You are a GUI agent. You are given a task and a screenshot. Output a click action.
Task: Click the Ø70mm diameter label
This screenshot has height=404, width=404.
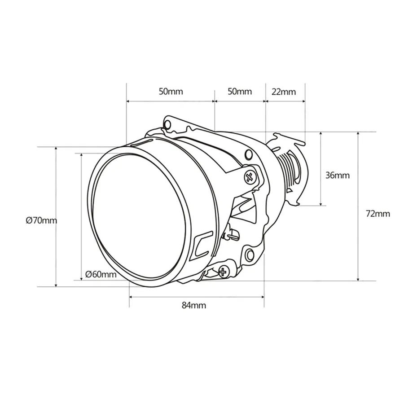pos(41,220)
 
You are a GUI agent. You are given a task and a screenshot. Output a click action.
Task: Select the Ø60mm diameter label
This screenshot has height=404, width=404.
pos(101,274)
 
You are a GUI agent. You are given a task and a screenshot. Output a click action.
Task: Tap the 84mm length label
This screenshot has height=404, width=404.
pos(194,306)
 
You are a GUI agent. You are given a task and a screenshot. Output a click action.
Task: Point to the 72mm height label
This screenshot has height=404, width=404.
pos(378,214)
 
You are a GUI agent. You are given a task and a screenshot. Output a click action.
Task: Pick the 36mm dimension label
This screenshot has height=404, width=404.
pos(338,176)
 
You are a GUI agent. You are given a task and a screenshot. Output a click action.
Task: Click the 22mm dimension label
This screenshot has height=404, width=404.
pos(284,92)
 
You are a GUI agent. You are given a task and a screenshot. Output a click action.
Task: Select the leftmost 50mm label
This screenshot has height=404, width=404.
pos(171,92)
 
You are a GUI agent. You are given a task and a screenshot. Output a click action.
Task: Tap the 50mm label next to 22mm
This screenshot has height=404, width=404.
pos(240,92)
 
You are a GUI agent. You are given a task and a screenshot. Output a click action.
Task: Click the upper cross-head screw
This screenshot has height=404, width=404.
pos(249,177)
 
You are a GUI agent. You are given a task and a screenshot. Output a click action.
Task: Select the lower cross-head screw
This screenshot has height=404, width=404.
pos(223,271)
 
